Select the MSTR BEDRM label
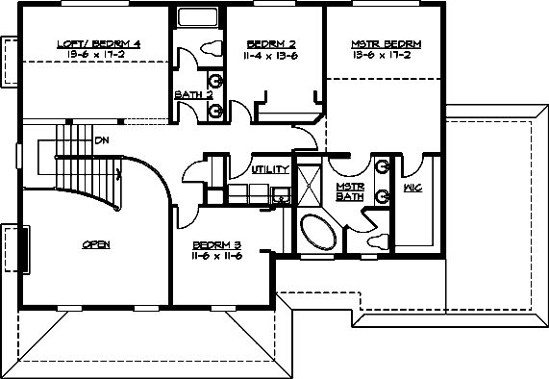(x=386, y=44)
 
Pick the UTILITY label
(x=269, y=169)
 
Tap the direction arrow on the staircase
(x=116, y=174)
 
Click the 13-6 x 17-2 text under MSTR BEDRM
(x=386, y=57)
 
